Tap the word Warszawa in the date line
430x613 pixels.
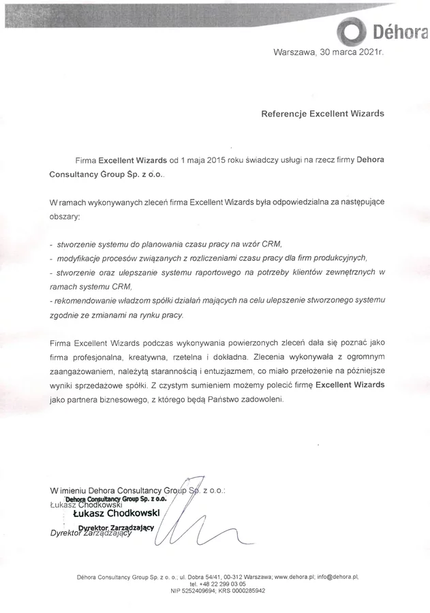tap(294, 52)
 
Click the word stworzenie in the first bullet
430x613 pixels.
tap(77, 244)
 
